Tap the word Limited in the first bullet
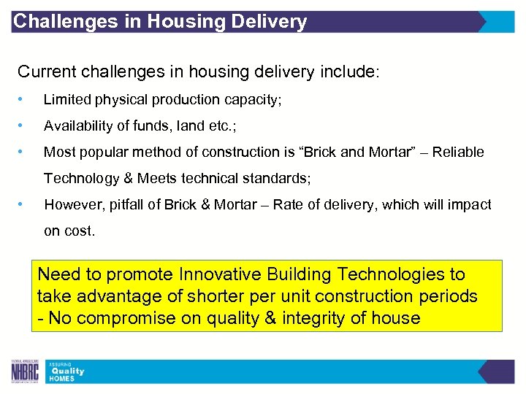(x=64, y=99)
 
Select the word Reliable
(x=457, y=152)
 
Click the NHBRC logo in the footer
(x=26, y=371)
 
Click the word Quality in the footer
(x=66, y=371)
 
